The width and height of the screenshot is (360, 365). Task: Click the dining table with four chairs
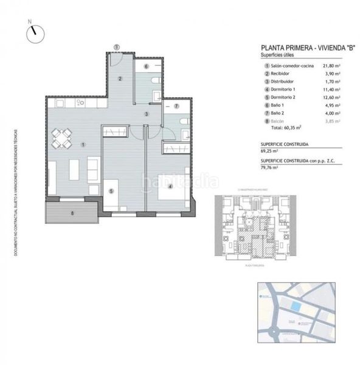(x=63, y=139)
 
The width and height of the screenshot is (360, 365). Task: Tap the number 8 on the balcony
(x=72, y=213)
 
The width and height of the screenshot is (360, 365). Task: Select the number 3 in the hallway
(x=147, y=113)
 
